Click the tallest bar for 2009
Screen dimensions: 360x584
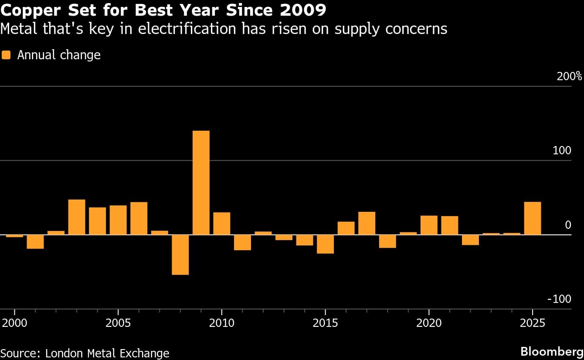click(201, 183)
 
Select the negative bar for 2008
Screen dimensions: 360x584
click(180, 255)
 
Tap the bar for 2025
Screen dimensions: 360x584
click(532, 218)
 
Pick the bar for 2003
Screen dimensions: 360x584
click(77, 217)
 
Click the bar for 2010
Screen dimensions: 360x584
click(222, 224)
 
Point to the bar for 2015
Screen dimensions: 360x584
click(325, 244)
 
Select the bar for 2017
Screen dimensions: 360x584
click(367, 223)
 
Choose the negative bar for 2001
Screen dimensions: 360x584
click(35, 241)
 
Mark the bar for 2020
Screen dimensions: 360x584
click(429, 225)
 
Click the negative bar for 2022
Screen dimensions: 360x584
click(470, 240)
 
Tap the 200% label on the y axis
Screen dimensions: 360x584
click(569, 77)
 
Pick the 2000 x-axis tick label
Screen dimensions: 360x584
click(14, 324)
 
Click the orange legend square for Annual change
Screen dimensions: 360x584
click(6, 55)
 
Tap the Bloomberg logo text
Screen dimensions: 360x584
click(552, 351)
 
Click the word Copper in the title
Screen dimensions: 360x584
click(31, 10)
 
